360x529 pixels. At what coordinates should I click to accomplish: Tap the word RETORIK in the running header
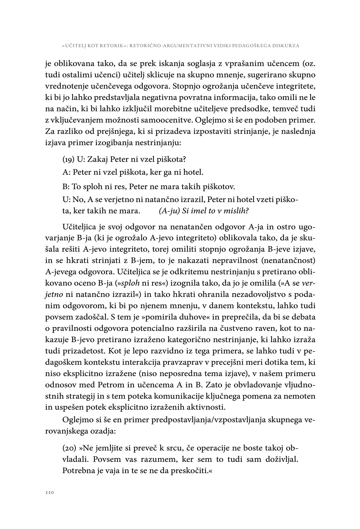[x=104, y=46]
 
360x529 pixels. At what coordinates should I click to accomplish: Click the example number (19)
[x=69, y=159]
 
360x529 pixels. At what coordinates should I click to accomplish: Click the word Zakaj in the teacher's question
[x=96, y=159]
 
